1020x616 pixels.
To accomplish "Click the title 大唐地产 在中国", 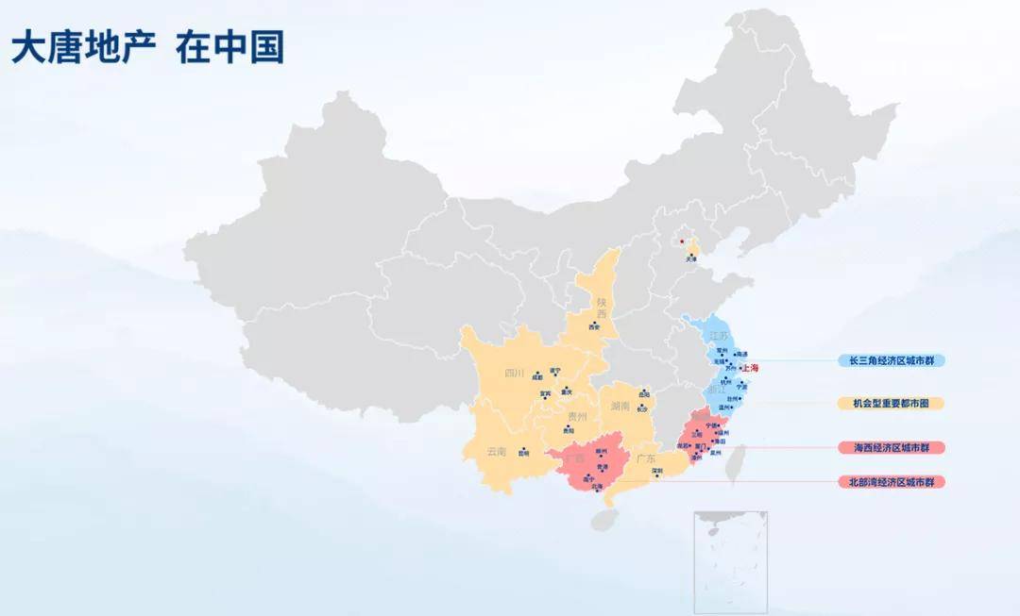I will coord(148,47).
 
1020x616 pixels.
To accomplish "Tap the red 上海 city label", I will coord(751,368).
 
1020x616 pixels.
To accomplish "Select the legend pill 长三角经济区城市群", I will coord(892,360).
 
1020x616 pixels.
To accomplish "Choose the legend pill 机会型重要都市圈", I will coord(892,403).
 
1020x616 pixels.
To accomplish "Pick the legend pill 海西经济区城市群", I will coord(892,447).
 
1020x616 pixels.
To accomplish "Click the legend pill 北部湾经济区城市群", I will coord(892,482).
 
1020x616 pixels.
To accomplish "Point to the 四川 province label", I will coord(515,373).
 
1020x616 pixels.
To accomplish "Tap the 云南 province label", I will coord(497,452).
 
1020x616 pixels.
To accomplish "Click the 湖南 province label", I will coord(620,407).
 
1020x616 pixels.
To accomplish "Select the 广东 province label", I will coord(647,458).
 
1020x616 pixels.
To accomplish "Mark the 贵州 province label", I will coord(577,416).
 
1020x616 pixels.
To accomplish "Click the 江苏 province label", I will coord(720,336).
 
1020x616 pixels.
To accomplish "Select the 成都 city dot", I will coord(536,372).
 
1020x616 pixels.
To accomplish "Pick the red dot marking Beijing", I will coord(682,241).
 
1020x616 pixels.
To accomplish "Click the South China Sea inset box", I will coord(730,561).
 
